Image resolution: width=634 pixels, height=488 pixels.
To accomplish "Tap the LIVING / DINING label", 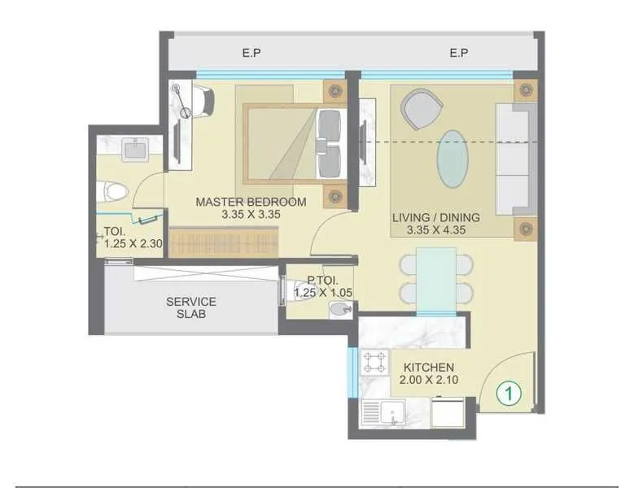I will [x=435, y=217].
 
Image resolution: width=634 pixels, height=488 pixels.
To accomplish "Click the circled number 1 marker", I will [x=508, y=394].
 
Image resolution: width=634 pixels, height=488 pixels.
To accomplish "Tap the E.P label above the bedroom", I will [x=251, y=54].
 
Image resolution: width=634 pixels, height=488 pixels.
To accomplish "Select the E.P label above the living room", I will [x=459, y=54].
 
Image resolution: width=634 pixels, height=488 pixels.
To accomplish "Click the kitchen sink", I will [x=382, y=415].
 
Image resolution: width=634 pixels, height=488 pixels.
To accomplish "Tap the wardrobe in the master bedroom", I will [x=224, y=241].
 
